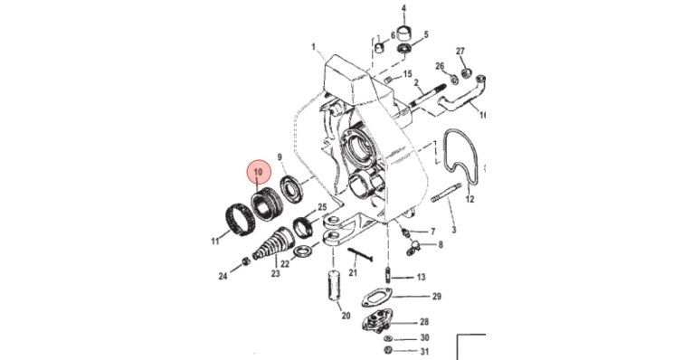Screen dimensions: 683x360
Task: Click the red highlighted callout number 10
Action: [x=258, y=172]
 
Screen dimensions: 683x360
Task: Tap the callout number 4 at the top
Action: [x=403, y=8]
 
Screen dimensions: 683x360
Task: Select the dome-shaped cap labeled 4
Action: [x=404, y=33]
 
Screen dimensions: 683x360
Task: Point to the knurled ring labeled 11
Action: [x=239, y=215]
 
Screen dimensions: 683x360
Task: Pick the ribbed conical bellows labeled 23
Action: [x=274, y=245]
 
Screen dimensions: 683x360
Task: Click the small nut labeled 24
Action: [x=246, y=262]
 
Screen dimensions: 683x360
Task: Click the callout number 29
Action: [x=437, y=297]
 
